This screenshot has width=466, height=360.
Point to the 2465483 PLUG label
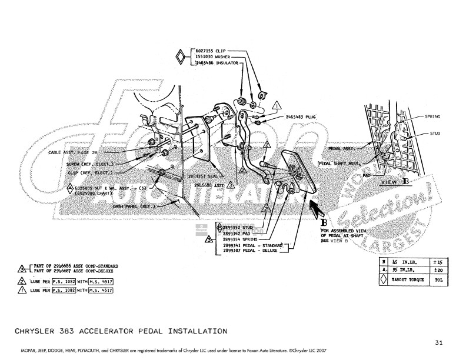click(x=301, y=117)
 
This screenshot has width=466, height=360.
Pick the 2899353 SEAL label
click(x=204, y=175)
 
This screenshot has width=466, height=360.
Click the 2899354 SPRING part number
click(x=242, y=240)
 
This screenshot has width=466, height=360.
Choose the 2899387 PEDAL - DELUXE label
click(x=253, y=251)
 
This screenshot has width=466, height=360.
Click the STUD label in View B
click(x=435, y=134)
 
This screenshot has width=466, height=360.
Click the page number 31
click(x=439, y=342)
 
